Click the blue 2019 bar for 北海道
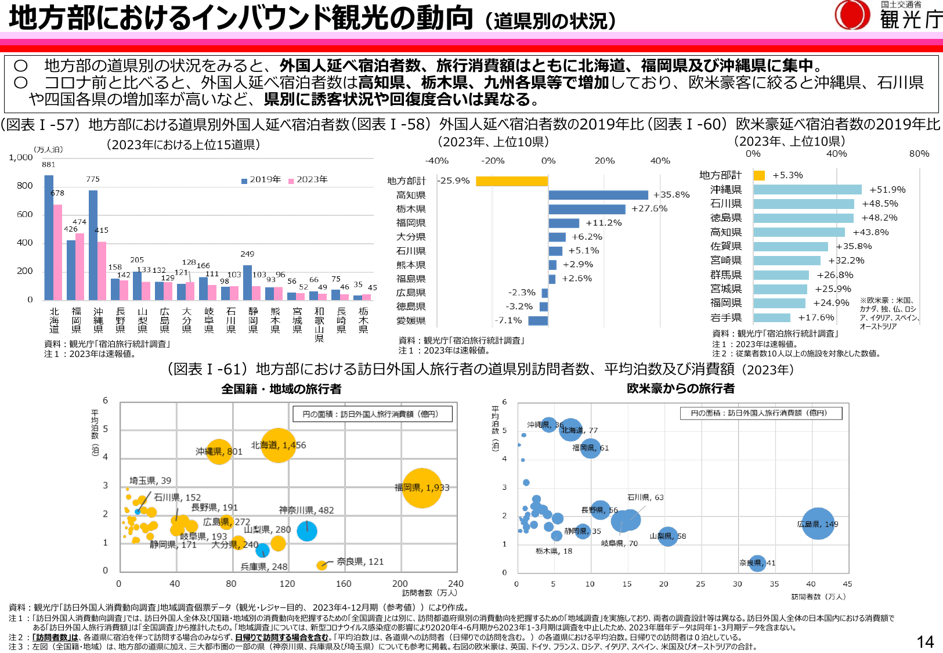point(49,237)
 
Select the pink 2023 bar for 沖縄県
point(102,270)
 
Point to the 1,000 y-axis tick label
point(21,157)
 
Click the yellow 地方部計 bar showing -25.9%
point(511,181)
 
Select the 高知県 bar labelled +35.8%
point(598,195)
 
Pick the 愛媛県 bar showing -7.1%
point(538,320)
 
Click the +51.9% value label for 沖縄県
point(887,190)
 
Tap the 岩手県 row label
point(726,318)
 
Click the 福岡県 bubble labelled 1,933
point(422,488)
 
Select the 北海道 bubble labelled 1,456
point(278,445)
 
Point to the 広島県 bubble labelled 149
point(818,524)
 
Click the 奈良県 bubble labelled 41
point(757,562)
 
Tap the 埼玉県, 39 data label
point(150,481)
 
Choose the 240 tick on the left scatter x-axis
point(456,584)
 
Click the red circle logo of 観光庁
point(852,15)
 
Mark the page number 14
point(925,641)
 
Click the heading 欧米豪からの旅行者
point(681,388)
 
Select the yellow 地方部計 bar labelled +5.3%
point(759,175)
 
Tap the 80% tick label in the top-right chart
point(919,154)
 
